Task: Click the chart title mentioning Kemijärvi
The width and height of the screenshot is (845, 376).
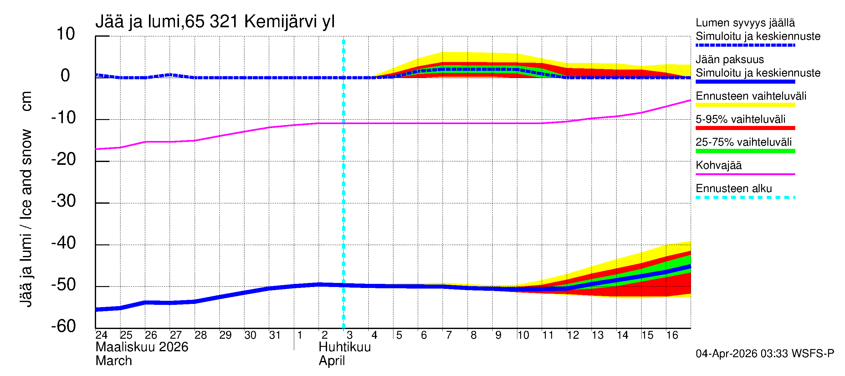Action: pos(215,22)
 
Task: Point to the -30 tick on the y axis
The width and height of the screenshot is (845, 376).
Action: pos(64,201)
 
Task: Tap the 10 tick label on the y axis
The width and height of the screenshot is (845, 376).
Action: pos(66,34)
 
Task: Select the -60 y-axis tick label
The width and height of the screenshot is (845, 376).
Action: pos(64,326)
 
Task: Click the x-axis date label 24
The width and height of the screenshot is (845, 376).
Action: pos(101,335)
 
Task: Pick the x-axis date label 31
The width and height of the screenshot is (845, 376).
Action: pos(274,335)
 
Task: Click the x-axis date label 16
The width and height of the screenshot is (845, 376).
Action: pos(672,335)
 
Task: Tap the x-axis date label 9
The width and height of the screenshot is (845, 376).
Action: pos(498,335)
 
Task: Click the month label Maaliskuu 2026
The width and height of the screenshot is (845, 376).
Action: pos(142,347)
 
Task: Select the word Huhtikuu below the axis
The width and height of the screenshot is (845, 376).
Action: pos(345,347)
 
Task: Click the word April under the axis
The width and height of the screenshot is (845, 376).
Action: pos(332,361)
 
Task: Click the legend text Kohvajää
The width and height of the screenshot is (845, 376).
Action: pos(718,165)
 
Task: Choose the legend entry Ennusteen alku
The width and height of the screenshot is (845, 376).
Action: pos(734,189)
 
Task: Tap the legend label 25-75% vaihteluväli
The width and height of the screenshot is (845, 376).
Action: pos(743,142)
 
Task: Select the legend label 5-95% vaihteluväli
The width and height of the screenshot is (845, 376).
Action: pos(740,119)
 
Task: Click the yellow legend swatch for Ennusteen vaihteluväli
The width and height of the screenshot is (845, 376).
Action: pos(745,105)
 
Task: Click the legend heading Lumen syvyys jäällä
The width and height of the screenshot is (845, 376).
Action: pos(745,23)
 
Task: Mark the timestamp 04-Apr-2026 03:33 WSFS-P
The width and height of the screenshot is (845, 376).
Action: pos(765,353)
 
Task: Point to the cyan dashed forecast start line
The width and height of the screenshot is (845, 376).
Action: pos(343,197)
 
